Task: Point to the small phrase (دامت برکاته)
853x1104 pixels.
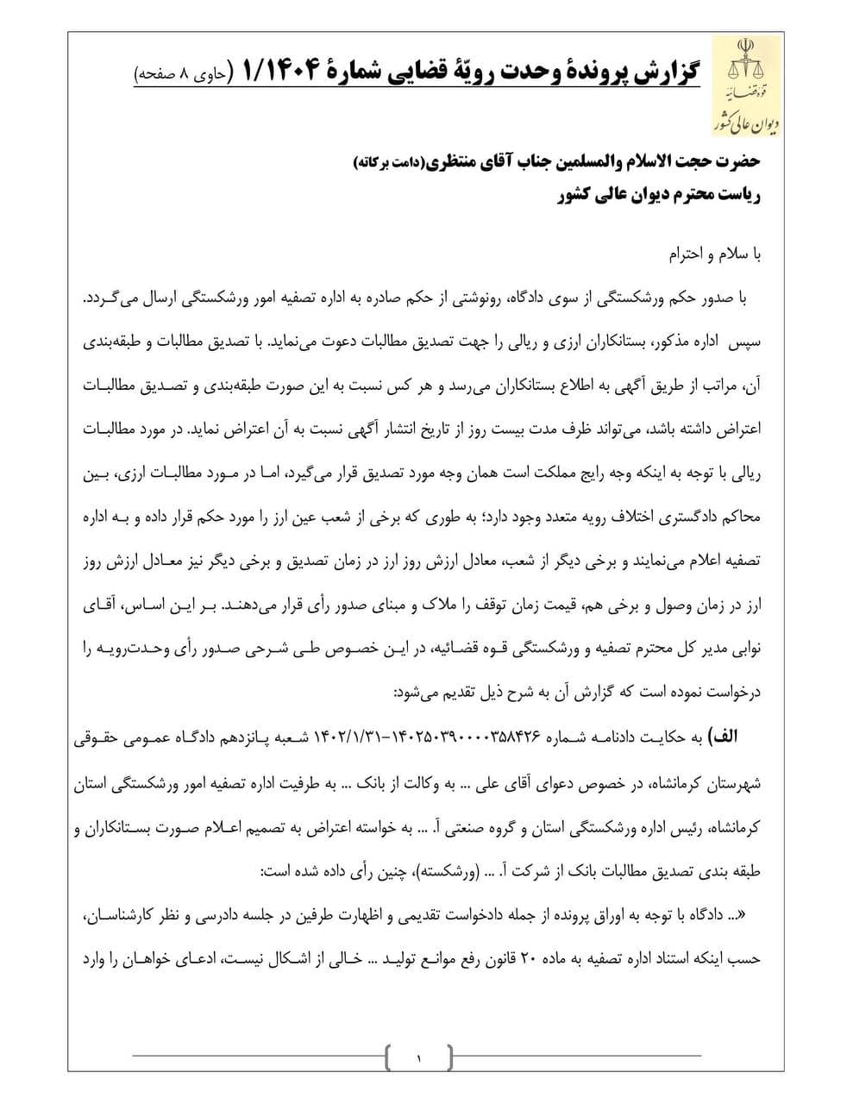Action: click(x=385, y=161)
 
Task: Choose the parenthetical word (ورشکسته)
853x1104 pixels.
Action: click(x=443, y=871)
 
